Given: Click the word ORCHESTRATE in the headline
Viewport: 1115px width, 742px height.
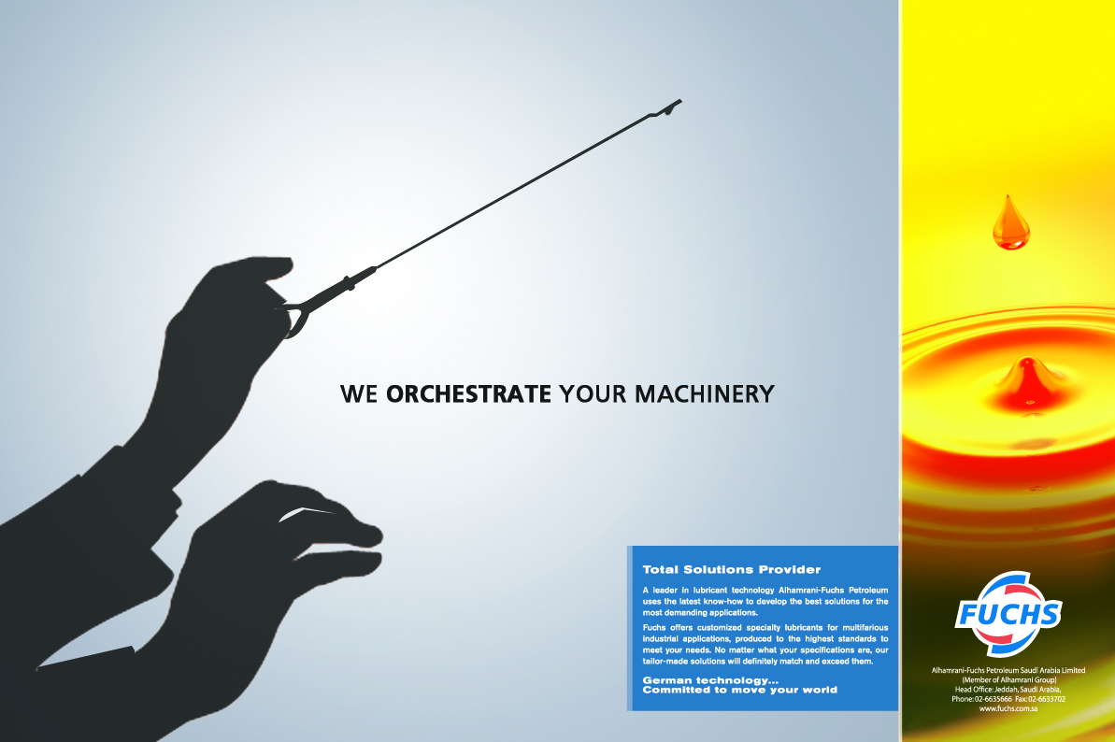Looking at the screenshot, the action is (468, 393).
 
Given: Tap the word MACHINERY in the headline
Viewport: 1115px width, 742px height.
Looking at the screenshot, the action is (704, 393).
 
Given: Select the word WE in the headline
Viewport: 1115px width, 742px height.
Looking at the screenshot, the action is (359, 393).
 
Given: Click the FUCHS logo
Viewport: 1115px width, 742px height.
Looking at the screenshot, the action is (1008, 613).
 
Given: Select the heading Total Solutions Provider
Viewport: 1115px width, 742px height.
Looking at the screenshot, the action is (732, 569).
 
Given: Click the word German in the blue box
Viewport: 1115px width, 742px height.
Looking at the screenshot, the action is (666, 680).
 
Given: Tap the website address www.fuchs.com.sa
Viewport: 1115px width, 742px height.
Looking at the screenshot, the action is (1008, 707).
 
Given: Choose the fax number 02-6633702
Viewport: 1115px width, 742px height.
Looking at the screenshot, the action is (1047, 699).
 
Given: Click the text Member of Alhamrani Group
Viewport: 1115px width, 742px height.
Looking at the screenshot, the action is (1009, 679).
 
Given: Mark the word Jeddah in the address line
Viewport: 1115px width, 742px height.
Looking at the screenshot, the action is (1007, 690).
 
